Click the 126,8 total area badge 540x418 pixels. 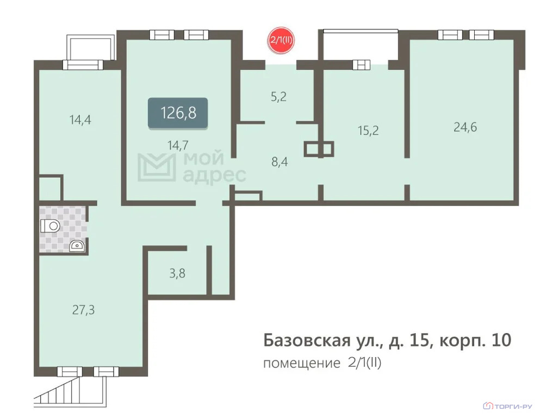click(178, 113)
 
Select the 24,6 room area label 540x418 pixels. click(465, 127)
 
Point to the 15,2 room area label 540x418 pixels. click(368, 131)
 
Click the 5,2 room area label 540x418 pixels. click(278, 97)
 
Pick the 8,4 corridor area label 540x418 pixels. click(280, 162)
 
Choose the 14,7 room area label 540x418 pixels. click(178, 145)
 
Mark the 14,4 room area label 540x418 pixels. click(80, 120)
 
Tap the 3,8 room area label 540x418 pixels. click(177, 274)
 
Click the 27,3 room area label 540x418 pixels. click(83, 310)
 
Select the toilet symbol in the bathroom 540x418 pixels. click(50, 226)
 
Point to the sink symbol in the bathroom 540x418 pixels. click(77, 246)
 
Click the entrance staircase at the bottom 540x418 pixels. click(69, 392)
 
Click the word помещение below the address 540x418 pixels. click(302, 364)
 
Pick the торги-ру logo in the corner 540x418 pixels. click(507, 406)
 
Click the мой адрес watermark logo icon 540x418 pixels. click(156, 168)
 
